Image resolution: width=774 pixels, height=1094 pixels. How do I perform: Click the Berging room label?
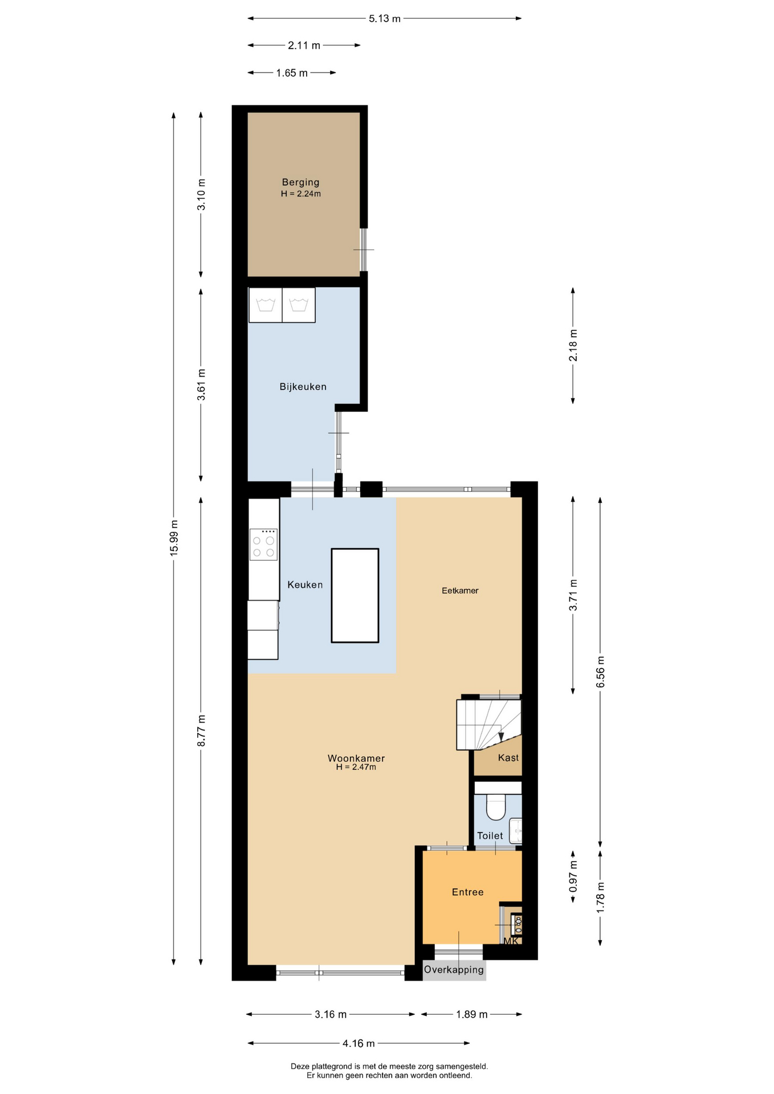pyautogui.click(x=300, y=182)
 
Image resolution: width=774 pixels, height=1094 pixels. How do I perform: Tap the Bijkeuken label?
pyautogui.click(x=303, y=387)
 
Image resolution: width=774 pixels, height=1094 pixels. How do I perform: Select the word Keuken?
pyautogui.click(x=305, y=585)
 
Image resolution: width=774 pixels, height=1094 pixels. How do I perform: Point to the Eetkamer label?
pyautogui.click(x=460, y=591)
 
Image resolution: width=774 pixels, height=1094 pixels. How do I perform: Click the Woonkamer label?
pyautogui.click(x=356, y=758)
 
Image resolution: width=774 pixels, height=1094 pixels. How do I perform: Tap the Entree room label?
pyautogui.click(x=467, y=892)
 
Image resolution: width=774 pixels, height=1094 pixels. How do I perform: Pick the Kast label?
pyautogui.click(x=508, y=758)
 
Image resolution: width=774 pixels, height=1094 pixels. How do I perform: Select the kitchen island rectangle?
pyautogui.click(x=355, y=595)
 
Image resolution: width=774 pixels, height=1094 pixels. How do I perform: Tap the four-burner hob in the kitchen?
pyautogui.click(x=263, y=545)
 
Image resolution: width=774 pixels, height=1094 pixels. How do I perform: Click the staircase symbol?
pyautogui.click(x=488, y=725)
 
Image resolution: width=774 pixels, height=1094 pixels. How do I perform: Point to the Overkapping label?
pyautogui.click(x=454, y=970)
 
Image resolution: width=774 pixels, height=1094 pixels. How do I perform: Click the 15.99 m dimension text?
pyautogui.click(x=174, y=538)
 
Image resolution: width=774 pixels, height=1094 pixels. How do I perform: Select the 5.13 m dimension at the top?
pyautogui.click(x=385, y=19)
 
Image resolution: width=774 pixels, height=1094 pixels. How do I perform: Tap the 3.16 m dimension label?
pyautogui.click(x=331, y=1014)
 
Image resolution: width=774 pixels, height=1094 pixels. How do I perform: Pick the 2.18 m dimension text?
pyautogui.click(x=573, y=345)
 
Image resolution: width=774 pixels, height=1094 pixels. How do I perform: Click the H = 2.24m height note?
pyautogui.click(x=301, y=194)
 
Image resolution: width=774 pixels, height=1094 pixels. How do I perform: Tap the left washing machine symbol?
pyautogui.click(x=266, y=305)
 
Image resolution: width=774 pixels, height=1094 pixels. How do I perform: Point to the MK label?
pyautogui.click(x=511, y=941)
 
